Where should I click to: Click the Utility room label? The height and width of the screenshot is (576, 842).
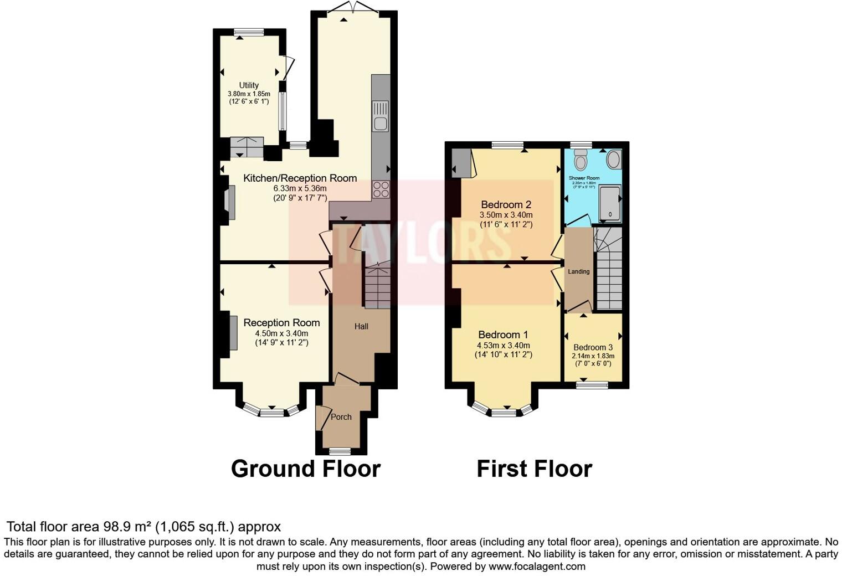pos(249,85)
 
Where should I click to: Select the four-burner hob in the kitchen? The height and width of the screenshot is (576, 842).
pos(381,190)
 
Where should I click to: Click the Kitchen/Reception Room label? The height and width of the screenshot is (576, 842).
pos(300,178)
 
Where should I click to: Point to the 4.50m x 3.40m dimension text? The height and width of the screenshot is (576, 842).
pos(281,333)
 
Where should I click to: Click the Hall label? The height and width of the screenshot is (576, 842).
pos(361,326)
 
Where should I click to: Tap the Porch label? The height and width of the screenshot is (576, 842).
pos(341,417)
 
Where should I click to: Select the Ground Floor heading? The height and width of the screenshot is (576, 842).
pos(305,469)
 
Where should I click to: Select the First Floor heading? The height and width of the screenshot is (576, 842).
pos(534,469)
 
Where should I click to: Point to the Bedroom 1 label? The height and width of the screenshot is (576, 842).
pos(503,335)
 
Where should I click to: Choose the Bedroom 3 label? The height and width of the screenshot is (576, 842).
pos(593,347)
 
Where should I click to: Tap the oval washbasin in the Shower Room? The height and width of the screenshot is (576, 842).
pos(614,160)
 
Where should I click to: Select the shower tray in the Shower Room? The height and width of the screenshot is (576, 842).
pos(609,203)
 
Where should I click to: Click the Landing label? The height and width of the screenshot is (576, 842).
pos(578,271)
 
